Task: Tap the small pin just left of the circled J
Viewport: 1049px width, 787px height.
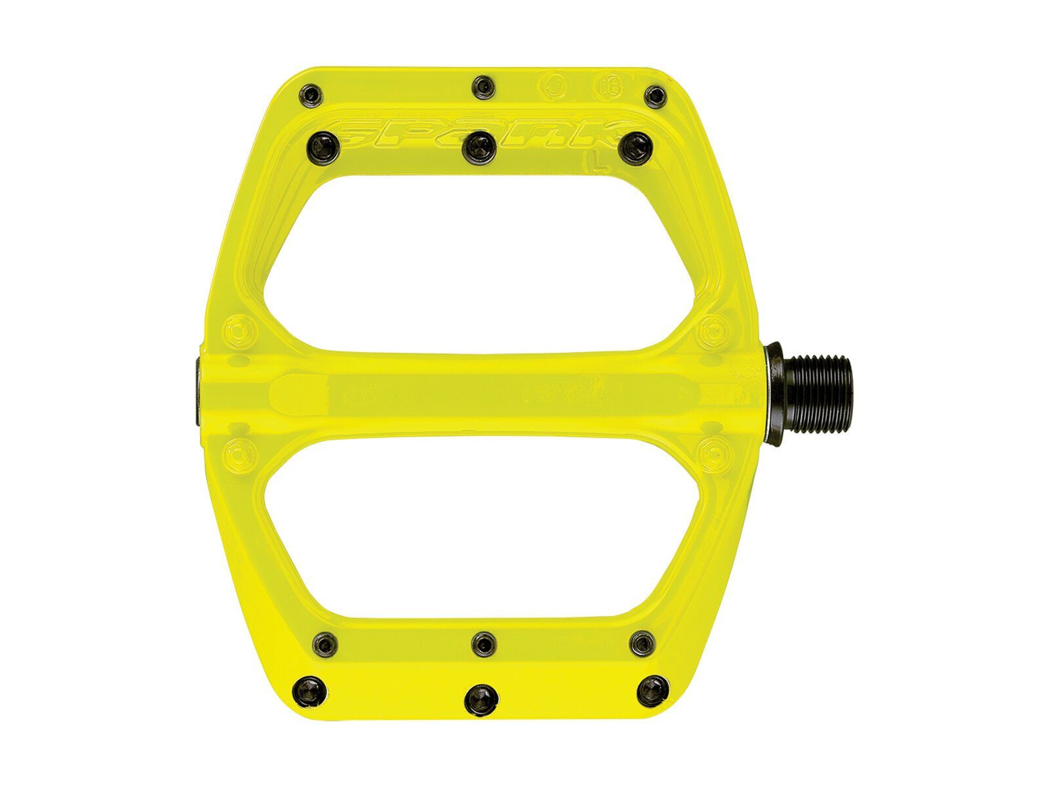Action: point(485,85)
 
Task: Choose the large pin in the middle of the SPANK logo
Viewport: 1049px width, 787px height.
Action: point(479,148)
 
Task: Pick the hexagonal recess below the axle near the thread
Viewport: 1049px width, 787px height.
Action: point(711,452)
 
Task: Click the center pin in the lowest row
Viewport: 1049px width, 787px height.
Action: point(480,696)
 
